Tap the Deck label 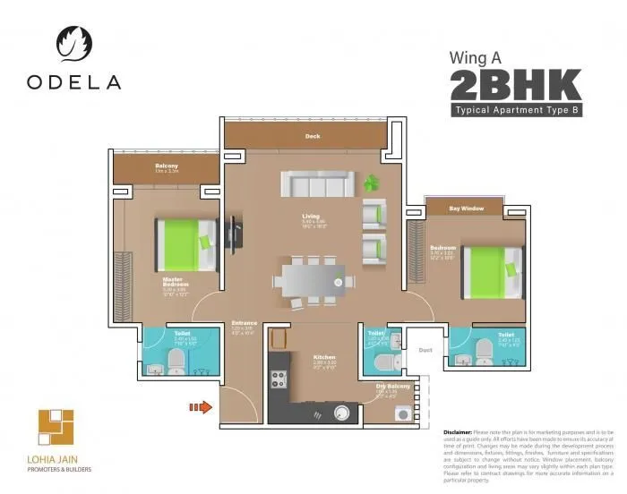tap(312, 137)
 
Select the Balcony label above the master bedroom tap(166, 166)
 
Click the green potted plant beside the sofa tap(372, 183)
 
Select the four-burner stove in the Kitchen tap(277, 378)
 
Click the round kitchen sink tap(342, 412)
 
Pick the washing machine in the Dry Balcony tap(399, 413)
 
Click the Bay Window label tap(467, 209)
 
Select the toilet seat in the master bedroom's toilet tap(176, 360)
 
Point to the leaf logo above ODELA tap(73, 43)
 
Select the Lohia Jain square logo tap(56, 430)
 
